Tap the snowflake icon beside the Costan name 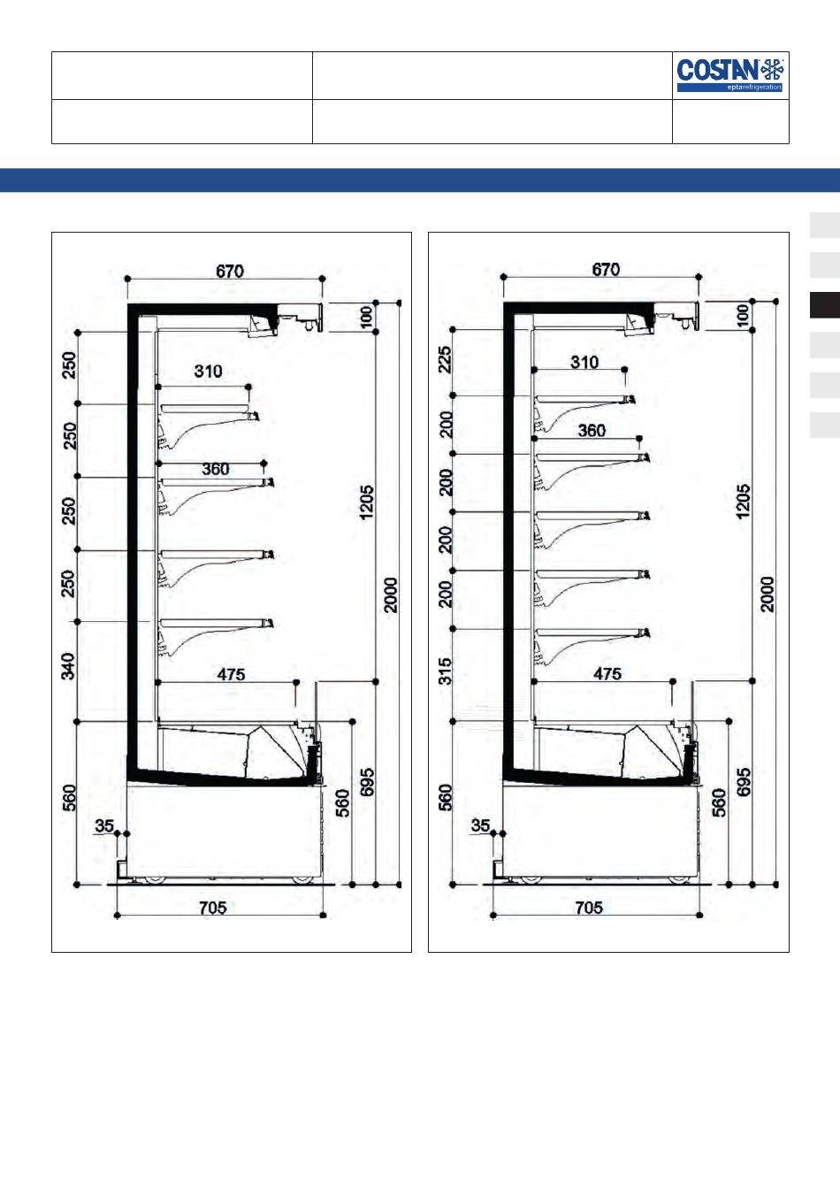772,70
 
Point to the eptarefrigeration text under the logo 754,87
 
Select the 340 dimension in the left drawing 68,666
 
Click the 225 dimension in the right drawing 445,359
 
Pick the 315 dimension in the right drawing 445,671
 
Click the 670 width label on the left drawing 230,272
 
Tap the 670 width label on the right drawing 606,270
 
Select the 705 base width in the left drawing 213,908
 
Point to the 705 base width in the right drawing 589,908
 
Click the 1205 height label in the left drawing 366,502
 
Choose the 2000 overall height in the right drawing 767,594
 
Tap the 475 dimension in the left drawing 232,675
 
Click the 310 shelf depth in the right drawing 584,363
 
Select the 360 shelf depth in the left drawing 216,469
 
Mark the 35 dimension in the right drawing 480,825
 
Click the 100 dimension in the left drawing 367,317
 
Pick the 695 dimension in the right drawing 744,782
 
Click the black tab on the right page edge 825,305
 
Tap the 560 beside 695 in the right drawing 719,802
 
